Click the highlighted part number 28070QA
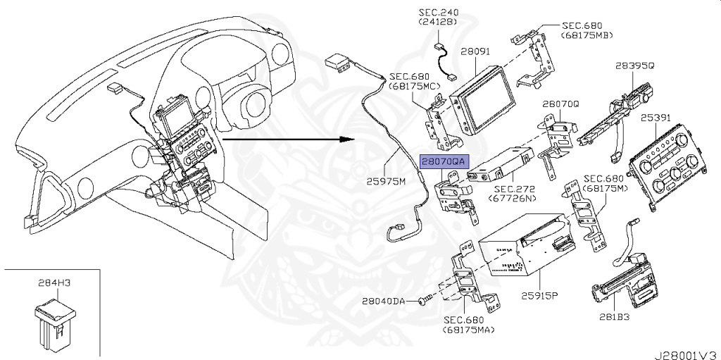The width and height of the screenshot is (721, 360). point(444,161)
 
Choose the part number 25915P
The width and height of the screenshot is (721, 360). point(539,296)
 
